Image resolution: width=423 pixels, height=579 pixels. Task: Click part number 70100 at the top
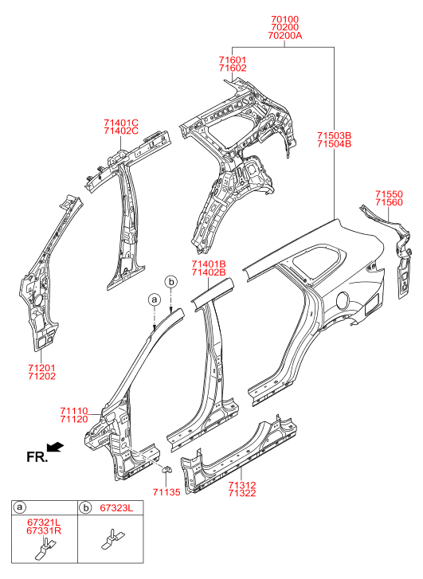click(x=284, y=19)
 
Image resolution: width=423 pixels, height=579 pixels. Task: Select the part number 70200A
click(x=285, y=36)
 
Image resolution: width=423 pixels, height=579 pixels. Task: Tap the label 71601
click(x=233, y=60)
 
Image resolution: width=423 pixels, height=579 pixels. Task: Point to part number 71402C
click(x=121, y=131)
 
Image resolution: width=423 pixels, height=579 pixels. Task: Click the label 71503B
click(x=334, y=135)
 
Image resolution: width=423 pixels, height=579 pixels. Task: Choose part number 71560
click(x=389, y=202)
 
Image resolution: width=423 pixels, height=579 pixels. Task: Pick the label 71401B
click(x=209, y=264)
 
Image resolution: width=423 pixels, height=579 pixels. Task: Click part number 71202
click(x=41, y=376)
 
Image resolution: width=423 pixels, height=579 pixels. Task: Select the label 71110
click(x=74, y=411)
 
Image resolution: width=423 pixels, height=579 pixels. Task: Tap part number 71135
click(x=166, y=492)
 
